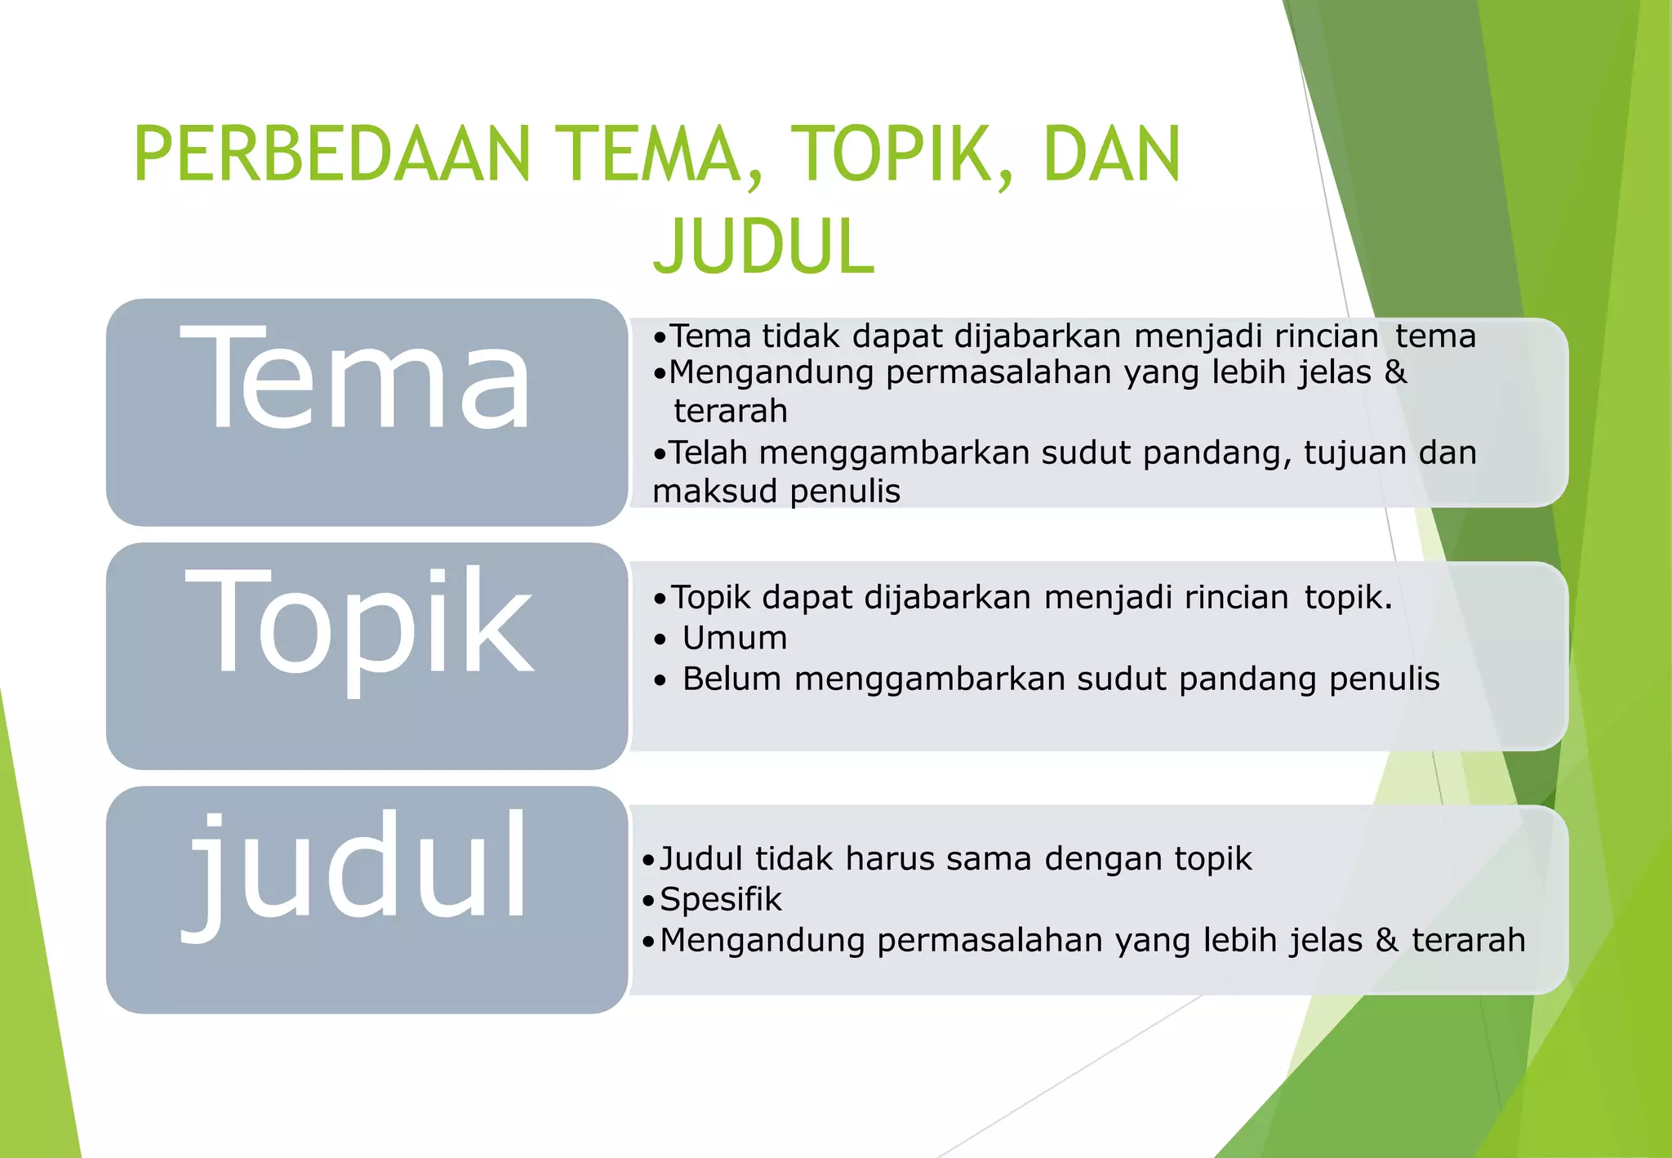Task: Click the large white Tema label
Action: pos(356,377)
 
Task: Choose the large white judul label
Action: pos(356,868)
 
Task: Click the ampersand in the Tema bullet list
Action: pos(1395,372)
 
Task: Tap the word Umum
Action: pos(735,638)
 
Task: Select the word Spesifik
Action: pos(720,899)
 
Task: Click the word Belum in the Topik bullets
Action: pos(731,679)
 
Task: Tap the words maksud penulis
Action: pos(776,492)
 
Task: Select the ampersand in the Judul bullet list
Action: pos(1386,940)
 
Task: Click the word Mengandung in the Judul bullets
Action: pos(763,941)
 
